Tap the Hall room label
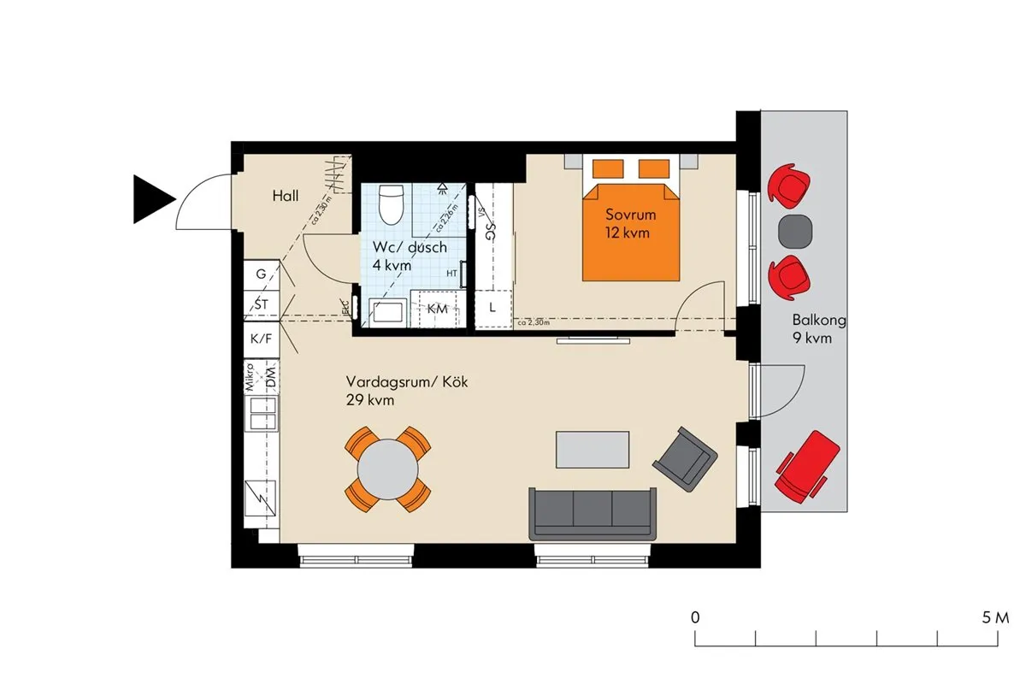(x=286, y=197)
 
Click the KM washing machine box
(x=437, y=310)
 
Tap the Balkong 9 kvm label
(x=818, y=329)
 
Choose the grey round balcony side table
(x=796, y=231)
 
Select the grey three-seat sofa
(x=593, y=513)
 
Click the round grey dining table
(x=387, y=469)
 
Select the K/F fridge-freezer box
(x=261, y=339)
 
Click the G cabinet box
(x=261, y=275)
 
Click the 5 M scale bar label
(x=995, y=616)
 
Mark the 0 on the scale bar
(x=696, y=616)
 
